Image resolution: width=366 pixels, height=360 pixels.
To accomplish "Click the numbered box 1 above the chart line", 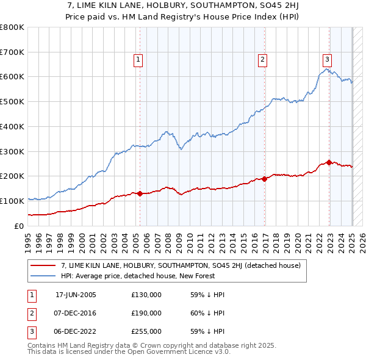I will [x=139, y=60].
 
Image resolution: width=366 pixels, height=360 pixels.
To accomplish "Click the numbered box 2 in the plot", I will [x=262, y=60].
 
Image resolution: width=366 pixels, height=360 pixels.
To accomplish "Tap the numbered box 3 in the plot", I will [x=327, y=60].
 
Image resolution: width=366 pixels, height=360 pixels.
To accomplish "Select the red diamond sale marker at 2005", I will [x=140, y=193].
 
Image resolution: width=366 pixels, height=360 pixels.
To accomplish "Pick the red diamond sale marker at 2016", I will [x=265, y=179].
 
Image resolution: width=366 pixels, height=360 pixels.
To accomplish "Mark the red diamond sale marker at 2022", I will [x=329, y=162].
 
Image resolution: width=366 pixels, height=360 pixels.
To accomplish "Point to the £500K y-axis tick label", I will [x=12, y=101].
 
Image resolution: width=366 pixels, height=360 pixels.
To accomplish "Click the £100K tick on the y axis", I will [x=12, y=201].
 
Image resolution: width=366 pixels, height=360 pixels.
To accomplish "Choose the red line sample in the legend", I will [x=43, y=265].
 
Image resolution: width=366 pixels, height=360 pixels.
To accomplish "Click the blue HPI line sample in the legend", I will [x=43, y=276].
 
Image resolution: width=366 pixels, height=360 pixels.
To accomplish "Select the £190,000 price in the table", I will [x=146, y=313].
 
